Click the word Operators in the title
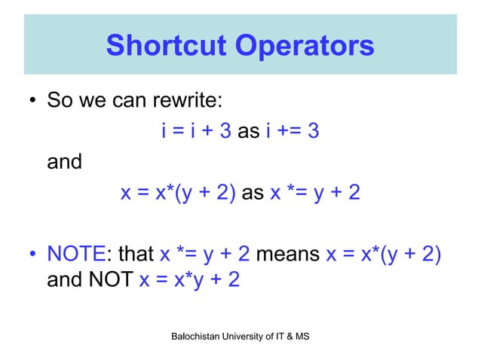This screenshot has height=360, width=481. click(x=305, y=45)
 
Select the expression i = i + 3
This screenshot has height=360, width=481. click(x=196, y=132)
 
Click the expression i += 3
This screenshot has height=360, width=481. click(x=292, y=132)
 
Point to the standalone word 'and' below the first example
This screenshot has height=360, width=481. click(x=64, y=163)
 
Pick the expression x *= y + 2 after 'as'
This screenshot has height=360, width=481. click(x=315, y=194)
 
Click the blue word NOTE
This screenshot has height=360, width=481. click(x=79, y=255)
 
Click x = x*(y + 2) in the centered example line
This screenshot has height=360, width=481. click(x=179, y=194)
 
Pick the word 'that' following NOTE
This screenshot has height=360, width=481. click(x=136, y=255)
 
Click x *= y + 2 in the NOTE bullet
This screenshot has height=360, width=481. click(x=206, y=255)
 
